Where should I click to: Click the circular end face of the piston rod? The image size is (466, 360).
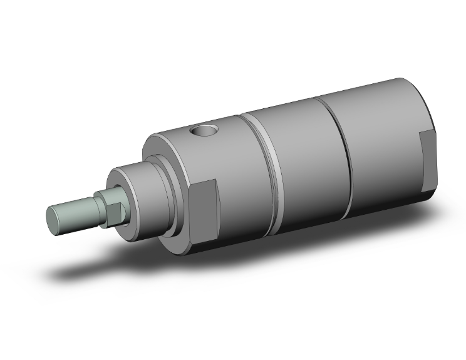pos(55,217)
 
